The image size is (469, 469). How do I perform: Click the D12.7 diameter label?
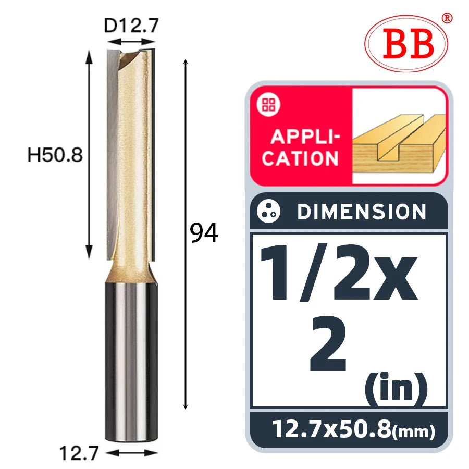click(x=131, y=26)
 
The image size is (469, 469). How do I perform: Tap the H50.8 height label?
click(x=55, y=155)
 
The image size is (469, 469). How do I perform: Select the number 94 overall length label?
click(x=204, y=233)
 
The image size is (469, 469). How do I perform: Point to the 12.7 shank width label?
click(x=79, y=453)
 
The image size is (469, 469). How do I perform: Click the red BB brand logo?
click(x=406, y=43)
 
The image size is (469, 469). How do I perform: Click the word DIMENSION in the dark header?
click(x=362, y=212)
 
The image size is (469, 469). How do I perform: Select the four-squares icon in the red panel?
click(x=268, y=105)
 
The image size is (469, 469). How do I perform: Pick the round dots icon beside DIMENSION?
click(x=268, y=211)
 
